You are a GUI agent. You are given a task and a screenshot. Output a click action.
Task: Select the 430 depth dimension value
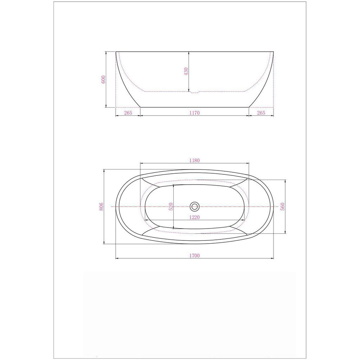pos(186,71)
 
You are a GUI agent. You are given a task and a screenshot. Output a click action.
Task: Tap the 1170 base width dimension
pos(194,113)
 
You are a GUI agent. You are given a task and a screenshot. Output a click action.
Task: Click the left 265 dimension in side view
pos(128,113)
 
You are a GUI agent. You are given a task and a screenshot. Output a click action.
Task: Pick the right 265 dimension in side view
pos(261,113)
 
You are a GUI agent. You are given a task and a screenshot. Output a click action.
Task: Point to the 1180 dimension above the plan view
pos(194,160)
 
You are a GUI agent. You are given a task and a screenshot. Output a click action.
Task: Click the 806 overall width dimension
pos(101,207)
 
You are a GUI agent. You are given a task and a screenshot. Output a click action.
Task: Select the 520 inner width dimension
pos(171,207)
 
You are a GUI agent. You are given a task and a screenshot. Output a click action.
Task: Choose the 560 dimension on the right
pos(282,207)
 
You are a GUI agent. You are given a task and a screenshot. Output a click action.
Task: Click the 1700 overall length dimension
pos(194,256)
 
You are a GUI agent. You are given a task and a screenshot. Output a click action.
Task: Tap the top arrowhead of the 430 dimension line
pos(189,53)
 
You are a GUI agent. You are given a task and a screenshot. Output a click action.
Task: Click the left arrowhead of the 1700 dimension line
pos(117,258)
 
